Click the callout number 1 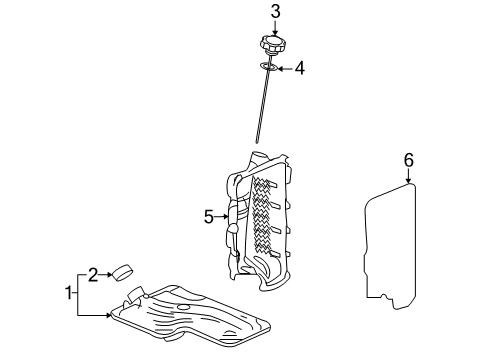tap(69, 293)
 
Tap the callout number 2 tap(92, 273)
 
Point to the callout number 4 tap(298, 69)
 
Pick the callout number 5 tap(209, 215)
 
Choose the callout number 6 tap(408, 160)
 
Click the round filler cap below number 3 tap(273, 46)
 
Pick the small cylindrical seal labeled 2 tap(124, 271)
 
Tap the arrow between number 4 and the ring tap(284, 69)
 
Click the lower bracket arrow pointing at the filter tap(96, 315)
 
